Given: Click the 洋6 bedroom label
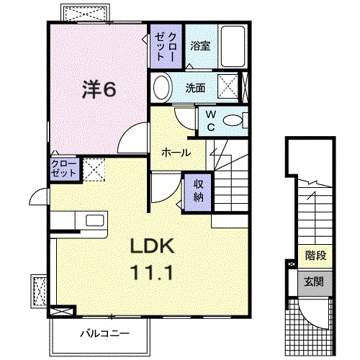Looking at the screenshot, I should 99,89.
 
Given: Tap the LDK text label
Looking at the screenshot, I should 153,247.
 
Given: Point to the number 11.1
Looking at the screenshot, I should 153,273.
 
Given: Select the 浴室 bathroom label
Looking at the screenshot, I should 199,45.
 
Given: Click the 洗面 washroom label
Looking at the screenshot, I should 195,89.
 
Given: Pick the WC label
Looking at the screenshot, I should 210,120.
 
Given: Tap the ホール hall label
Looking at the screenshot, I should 176,153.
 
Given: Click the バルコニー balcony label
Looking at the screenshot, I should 104,334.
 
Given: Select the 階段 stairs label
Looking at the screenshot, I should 315,254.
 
